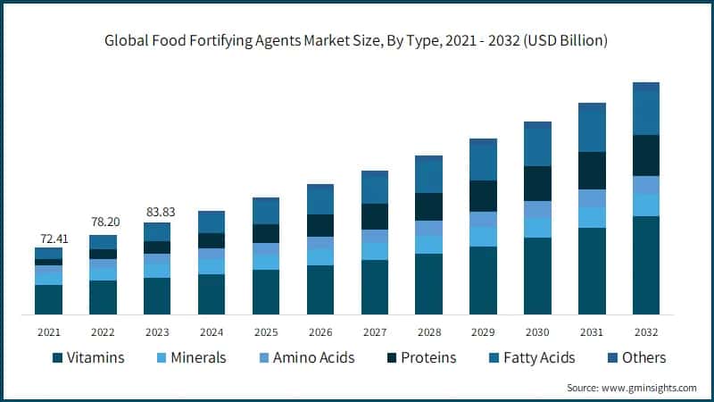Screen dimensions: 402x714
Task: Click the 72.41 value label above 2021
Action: click(48, 239)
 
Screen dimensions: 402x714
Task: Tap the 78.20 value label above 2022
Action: click(103, 227)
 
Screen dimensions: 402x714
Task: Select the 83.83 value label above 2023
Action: click(157, 213)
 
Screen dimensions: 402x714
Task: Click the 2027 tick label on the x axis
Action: click(374, 331)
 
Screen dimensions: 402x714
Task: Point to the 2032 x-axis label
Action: click(645, 331)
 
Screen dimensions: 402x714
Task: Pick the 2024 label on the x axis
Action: click(211, 331)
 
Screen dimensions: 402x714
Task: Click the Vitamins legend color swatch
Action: click(58, 358)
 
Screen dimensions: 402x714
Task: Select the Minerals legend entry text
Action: click(198, 358)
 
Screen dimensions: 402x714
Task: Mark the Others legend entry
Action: click(644, 358)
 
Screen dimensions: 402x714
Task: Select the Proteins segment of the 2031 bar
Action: click(592, 170)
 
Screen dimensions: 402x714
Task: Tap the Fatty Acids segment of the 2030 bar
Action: click(537, 147)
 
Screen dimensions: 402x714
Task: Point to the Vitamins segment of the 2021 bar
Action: click(48, 299)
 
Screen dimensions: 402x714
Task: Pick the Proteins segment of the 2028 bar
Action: click(428, 206)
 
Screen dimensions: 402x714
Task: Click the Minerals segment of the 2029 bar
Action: click(483, 236)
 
